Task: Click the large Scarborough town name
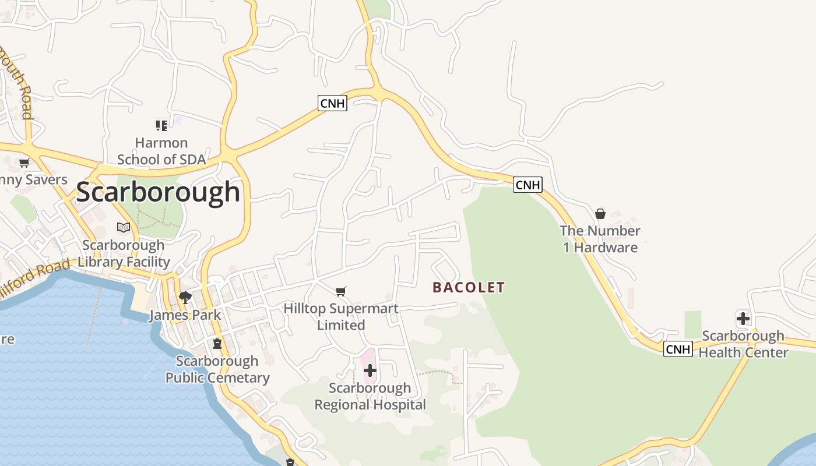(158, 192)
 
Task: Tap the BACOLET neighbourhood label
(469, 287)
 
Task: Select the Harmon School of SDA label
(161, 151)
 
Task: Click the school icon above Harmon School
(161, 125)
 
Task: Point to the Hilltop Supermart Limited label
(341, 316)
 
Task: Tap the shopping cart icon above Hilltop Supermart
(341, 291)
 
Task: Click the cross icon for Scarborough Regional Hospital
(370, 370)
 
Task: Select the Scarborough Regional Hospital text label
(370, 396)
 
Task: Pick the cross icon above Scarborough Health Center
(743, 319)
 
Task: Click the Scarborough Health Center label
(743, 344)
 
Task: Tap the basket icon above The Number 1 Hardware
(600, 214)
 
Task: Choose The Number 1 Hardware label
(600, 239)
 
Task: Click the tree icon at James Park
(185, 298)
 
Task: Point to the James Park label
(185, 315)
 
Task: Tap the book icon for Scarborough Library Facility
(124, 227)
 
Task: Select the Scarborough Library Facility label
(124, 253)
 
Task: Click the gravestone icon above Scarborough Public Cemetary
(217, 344)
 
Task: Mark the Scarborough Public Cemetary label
(217, 369)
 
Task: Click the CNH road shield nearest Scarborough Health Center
(678, 349)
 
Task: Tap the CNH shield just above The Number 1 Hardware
(527, 185)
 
